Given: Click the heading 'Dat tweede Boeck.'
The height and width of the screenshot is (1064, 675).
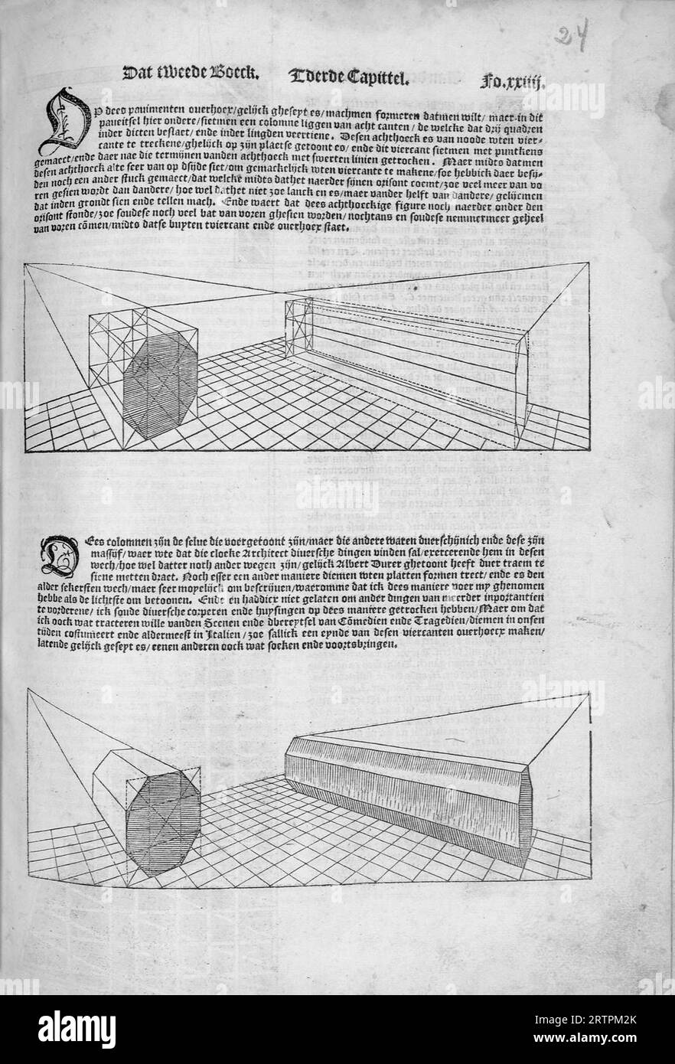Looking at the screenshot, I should [191, 74].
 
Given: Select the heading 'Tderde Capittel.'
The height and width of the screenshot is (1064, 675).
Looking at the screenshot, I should [351, 76].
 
